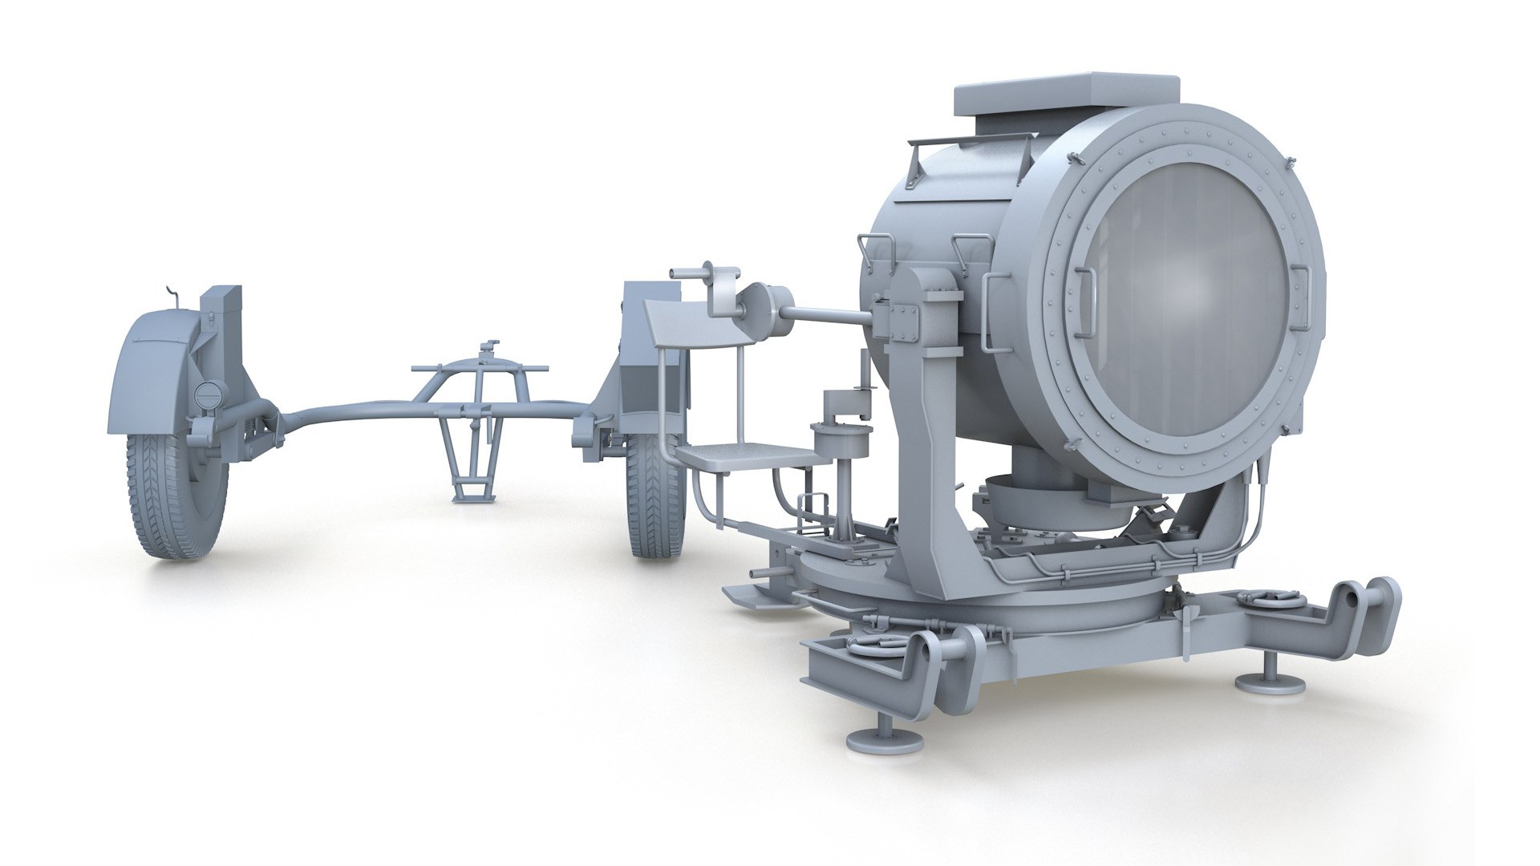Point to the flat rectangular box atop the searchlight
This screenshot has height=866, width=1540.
(1067, 94)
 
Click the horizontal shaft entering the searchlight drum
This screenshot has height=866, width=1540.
(826, 315)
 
